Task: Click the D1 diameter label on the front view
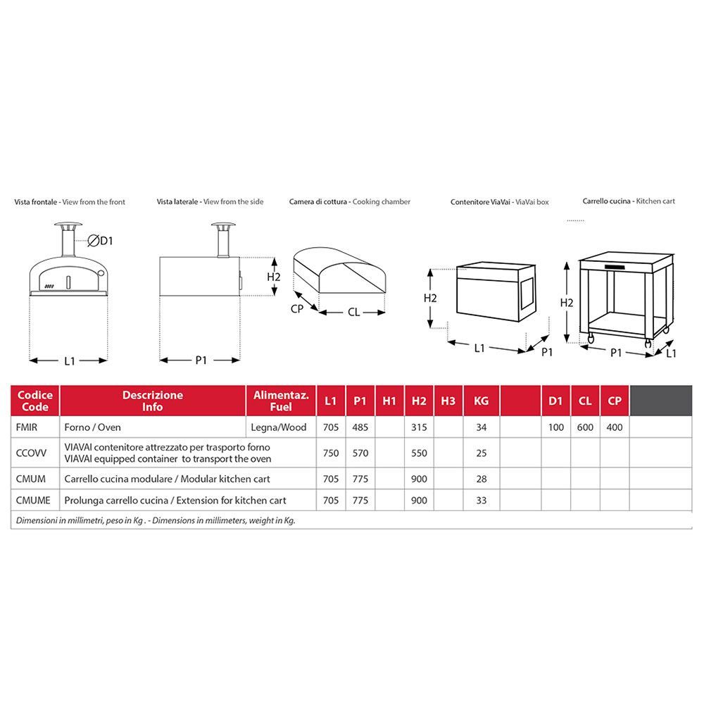click(x=101, y=241)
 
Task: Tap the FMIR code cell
click(x=27, y=427)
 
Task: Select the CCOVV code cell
click(x=31, y=453)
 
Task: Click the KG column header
click(x=482, y=401)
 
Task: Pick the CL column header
click(x=585, y=401)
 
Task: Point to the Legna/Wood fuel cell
click(x=279, y=427)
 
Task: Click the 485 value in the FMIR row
click(x=360, y=427)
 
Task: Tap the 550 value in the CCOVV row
click(x=419, y=453)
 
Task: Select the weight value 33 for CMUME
click(x=482, y=500)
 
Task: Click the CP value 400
click(x=615, y=427)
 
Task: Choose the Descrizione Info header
click(x=153, y=401)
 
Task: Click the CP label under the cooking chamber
click(x=297, y=309)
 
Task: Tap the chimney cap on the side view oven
click(x=224, y=225)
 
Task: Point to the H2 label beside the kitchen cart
click(x=567, y=303)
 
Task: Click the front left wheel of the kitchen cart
click(x=591, y=339)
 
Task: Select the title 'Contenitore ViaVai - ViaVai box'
click(x=500, y=202)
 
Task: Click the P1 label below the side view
click(x=201, y=360)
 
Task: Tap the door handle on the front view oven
click(x=68, y=282)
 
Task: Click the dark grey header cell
click(x=661, y=401)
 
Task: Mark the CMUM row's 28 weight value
click(x=482, y=479)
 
